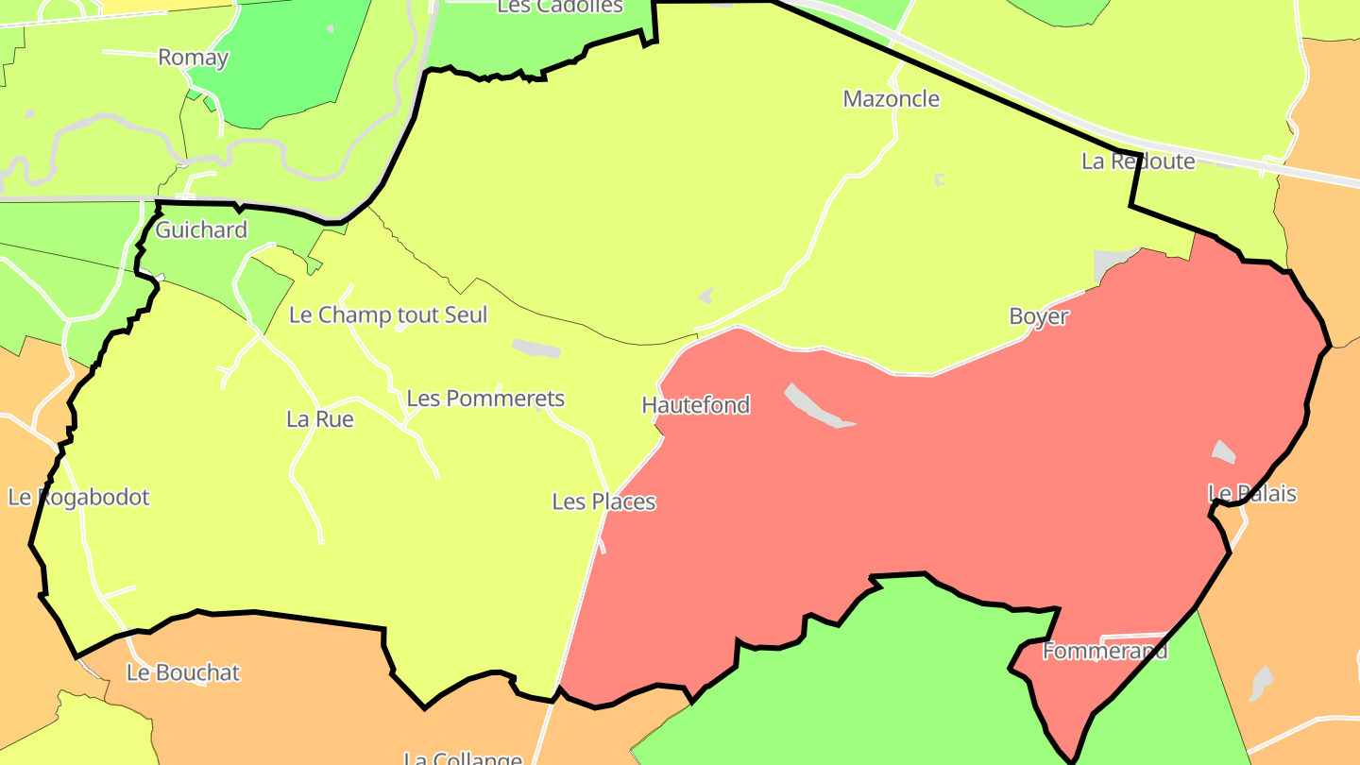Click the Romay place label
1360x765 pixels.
(x=193, y=58)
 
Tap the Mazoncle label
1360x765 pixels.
(x=891, y=99)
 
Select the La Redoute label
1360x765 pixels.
(x=1137, y=161)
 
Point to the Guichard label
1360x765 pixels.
(x=200, y=229)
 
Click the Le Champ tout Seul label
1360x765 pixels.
(x=387, y=314)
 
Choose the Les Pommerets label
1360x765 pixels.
(x=484, y=399)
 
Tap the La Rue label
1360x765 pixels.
(x=319, y=418)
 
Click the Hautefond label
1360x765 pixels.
(x=695, y=405)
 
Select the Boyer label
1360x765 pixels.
(x=1038, y=316)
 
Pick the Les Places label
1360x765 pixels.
(x=603, y=501)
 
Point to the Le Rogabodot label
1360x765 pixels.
(x=78, y=497)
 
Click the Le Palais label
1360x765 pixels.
(x=1252, y=493)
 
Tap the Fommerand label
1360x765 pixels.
(x=1104, y=651)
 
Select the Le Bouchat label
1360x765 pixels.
(x=183, y=672)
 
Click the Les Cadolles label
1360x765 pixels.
(x=559, y=7)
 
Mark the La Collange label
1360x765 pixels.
(x=462, y=758)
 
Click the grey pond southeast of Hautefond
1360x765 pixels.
(x=817, y=407)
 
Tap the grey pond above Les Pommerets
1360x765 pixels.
(x=535, y=348)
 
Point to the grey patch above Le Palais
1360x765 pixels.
(x=1223, y=451)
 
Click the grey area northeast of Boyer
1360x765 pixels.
(x=1113, y=262)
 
